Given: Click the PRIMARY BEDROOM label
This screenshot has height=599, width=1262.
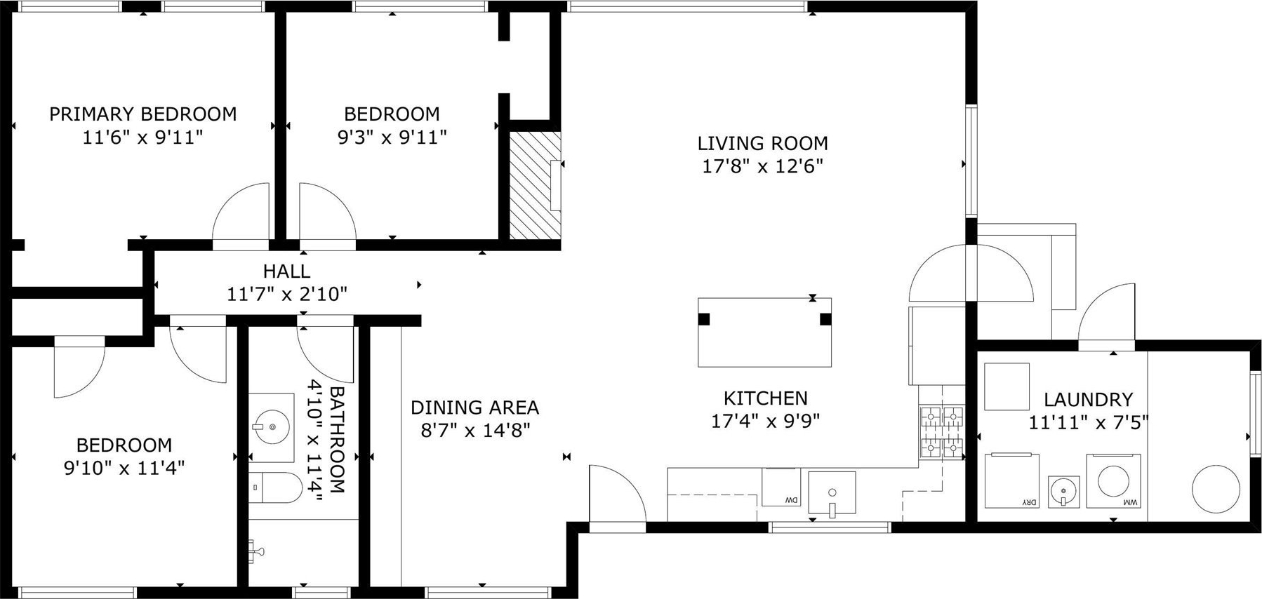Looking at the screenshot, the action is (x=142, y=114).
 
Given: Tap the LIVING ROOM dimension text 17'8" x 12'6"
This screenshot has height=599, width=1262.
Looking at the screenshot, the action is (x=762, y=166).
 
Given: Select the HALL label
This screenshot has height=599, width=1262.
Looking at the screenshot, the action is (x=286, y=271).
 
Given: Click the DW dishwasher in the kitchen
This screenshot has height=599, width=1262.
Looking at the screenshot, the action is (x=781, y=487).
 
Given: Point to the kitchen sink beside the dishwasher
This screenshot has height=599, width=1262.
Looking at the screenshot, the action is (x=832, y=492).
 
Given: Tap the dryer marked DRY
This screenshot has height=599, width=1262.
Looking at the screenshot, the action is (x=1011, y=480).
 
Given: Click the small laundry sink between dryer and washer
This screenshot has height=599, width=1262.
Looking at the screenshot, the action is (x=1064, y=491).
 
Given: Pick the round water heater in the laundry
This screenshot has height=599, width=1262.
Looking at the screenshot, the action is (x=1216, y=489).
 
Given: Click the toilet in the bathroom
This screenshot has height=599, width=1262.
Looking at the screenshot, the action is (x=275, y=487).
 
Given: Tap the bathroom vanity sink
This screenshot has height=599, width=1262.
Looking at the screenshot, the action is (x=271, y=426).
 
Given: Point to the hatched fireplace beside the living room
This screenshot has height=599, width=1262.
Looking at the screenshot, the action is (x=535, y=185).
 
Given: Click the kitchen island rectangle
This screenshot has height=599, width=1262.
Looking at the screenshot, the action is (x=764, y=332).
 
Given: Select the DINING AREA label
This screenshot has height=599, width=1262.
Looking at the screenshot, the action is (x=474, y=408).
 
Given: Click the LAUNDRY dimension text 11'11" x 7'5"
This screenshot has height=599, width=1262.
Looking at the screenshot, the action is (x=1088, y=422).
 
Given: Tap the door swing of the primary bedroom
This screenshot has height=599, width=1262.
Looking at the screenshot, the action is (x=240, y=210).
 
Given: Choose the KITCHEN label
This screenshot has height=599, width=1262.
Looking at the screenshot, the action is (x=765, y=398).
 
